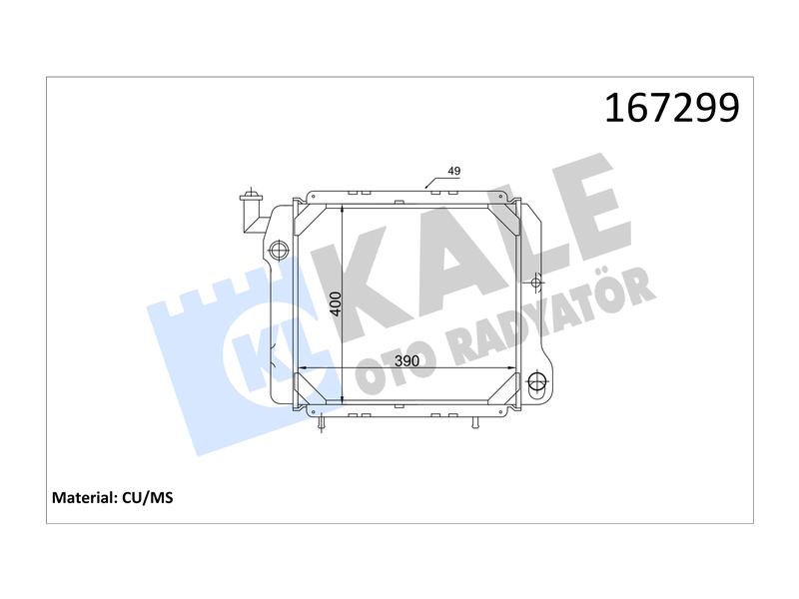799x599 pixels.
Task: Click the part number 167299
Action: [x=671, y=108]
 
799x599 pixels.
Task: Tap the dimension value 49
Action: [x=454, y=171]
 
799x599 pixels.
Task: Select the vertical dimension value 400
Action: [x=336, y=303]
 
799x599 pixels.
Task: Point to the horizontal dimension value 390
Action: [x=407, y=361]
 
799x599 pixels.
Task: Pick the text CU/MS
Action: [x=148, y=497]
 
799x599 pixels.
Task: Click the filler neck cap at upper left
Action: [x=251, y=195]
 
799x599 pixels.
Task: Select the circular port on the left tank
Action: [x=279, y=250]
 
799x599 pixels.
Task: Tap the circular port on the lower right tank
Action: [x=537, y=381]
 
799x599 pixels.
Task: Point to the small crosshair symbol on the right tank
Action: [x=535, y=282]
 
